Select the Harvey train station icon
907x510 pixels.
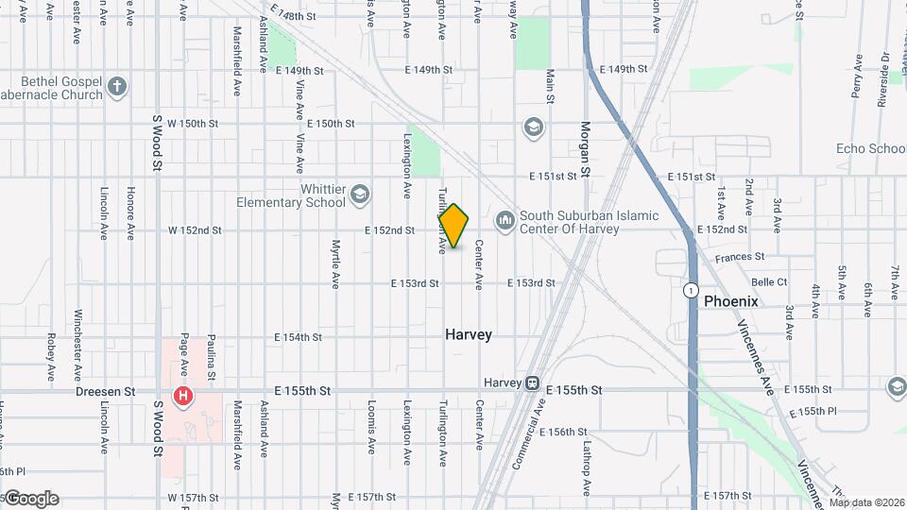(533, 382)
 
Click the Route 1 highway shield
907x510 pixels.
(693, 290)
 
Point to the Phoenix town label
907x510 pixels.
(730, 301)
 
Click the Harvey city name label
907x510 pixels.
(469, 334)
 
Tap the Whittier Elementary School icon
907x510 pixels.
(359, 195)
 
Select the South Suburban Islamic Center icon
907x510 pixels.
(505, 220)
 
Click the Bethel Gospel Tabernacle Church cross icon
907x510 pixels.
(117, 87)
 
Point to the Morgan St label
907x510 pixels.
(585, 149)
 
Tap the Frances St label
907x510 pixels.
(740, 257)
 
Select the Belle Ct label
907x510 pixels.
(768, 282)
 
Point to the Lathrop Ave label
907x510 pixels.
(586, 468)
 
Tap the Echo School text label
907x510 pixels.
(870, 148)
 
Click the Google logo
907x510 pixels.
(31, 499)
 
